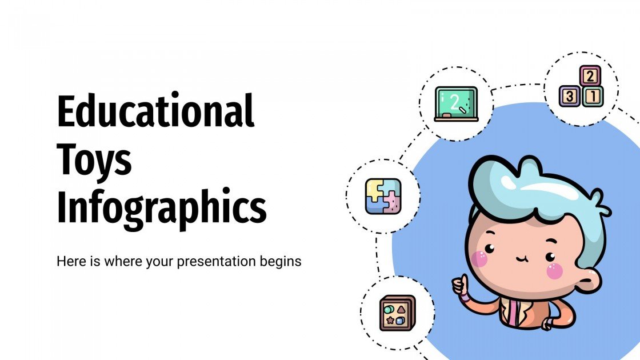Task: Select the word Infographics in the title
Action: coord(162,208)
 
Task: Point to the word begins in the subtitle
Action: coord(280,262)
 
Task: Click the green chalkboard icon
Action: coord(455,104)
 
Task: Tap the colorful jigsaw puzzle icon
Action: coord(383,197)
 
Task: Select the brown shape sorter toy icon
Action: coord(397,313)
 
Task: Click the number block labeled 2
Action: coord(590,75)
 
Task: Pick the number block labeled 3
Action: coord(570,96)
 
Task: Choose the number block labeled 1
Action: coord(594,96)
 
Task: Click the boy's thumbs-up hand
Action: coord(460,286)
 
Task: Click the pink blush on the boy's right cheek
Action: coord(554,271)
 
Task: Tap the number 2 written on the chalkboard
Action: coord(455,102)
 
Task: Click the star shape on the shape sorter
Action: coord(391,321)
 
